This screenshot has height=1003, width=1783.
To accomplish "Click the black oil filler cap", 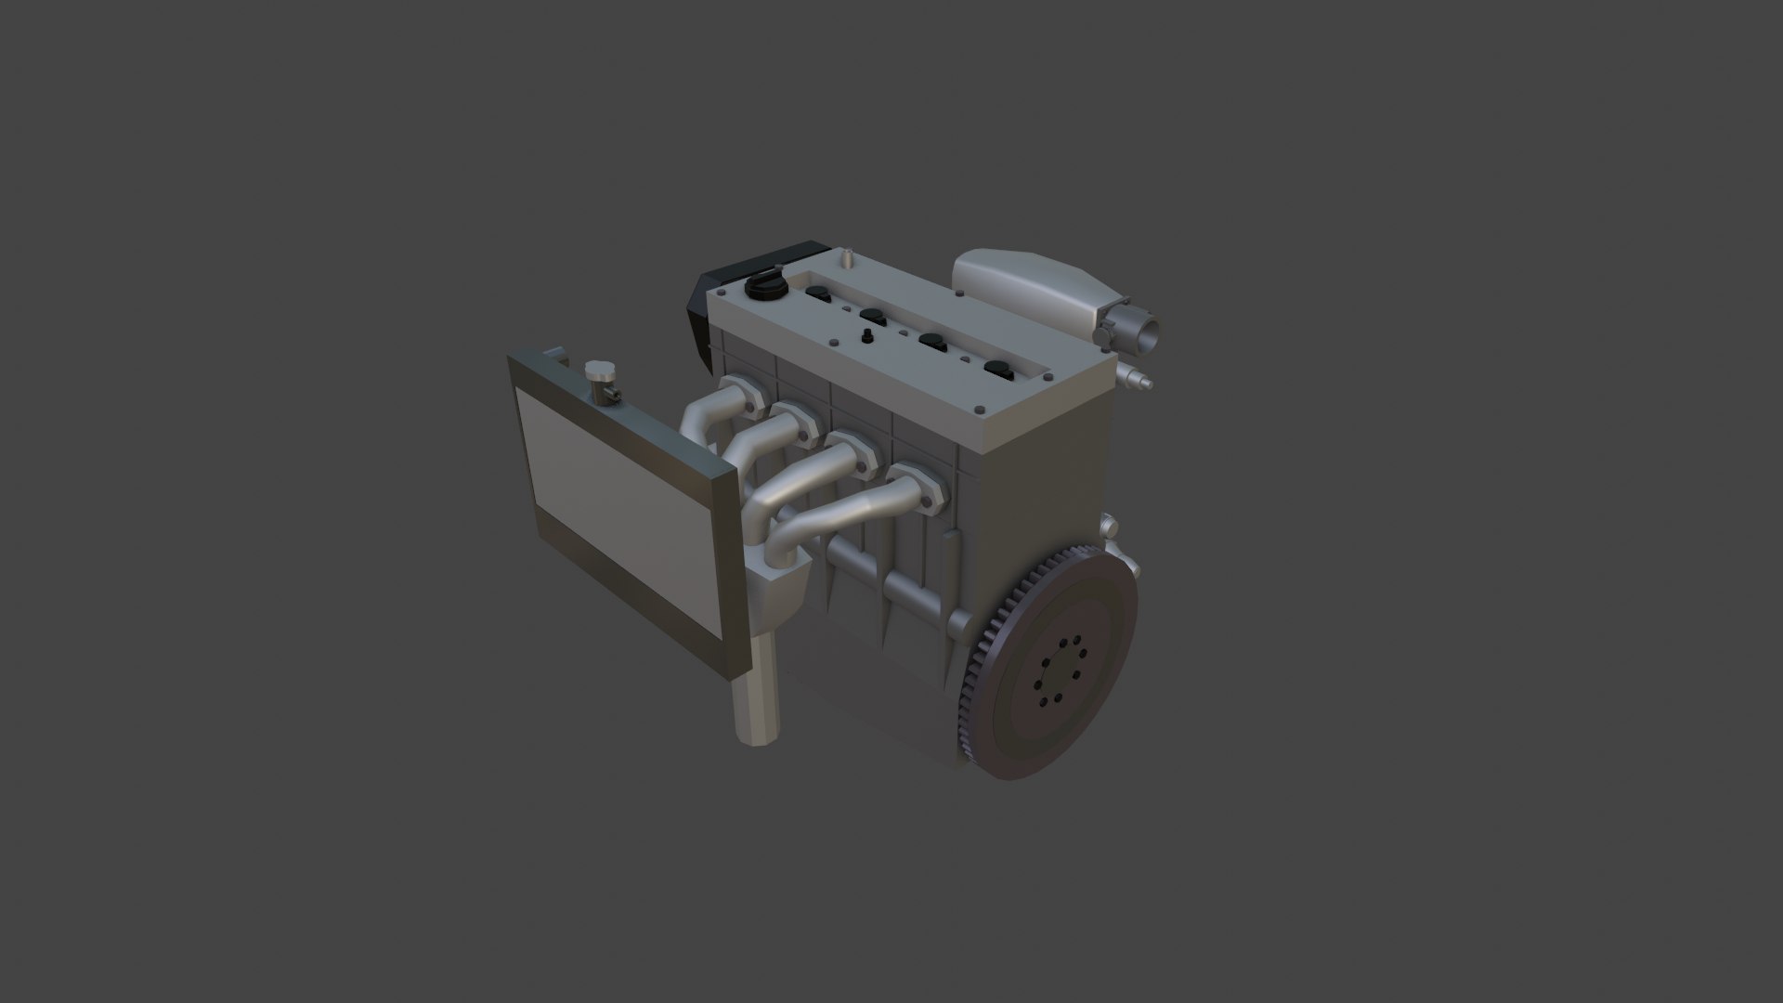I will (x=763, y=287).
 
